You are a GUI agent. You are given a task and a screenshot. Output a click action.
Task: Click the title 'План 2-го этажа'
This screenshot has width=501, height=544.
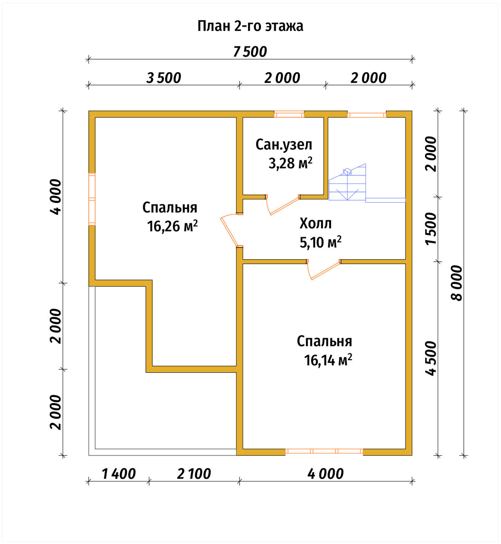[250, 26]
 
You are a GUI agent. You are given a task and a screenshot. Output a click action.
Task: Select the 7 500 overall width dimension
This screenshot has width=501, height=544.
[250, 52]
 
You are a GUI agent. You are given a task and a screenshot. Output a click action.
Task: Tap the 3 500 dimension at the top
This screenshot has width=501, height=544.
[164, 78]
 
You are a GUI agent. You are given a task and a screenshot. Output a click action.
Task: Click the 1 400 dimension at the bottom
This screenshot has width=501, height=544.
[119, 474]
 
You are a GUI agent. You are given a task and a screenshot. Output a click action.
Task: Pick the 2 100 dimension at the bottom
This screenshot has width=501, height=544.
[194, 474]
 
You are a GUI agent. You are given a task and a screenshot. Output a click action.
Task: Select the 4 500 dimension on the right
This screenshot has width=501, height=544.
[431, 358]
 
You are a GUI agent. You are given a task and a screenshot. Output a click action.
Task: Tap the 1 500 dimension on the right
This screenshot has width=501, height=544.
[431, 229]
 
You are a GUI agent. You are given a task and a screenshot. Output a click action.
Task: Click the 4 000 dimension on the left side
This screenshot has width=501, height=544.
[56, 197]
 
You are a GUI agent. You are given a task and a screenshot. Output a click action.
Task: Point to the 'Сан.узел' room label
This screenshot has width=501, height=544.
[284, 145]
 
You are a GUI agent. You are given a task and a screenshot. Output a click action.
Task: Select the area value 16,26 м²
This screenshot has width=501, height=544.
[172, 226]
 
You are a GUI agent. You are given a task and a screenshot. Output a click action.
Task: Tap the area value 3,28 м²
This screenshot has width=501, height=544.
[290, 163]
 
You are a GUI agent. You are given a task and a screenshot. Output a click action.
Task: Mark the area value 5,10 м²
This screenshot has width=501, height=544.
[321, 242]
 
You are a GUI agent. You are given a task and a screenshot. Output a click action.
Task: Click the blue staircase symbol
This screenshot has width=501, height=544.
[367, 183]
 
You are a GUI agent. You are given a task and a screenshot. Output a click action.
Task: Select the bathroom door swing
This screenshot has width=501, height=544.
[282, 205]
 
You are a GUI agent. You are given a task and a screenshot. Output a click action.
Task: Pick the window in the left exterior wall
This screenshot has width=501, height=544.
[92, 199]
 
